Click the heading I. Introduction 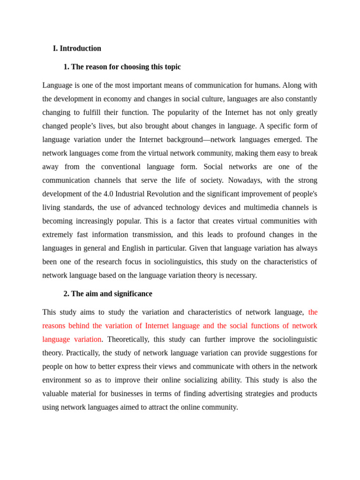coord(77,48)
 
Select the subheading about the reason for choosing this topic coord(122,67)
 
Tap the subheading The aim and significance coord(108,293)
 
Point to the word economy coord(146,99)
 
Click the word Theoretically coord(127,339)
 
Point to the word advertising coord(195,394)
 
